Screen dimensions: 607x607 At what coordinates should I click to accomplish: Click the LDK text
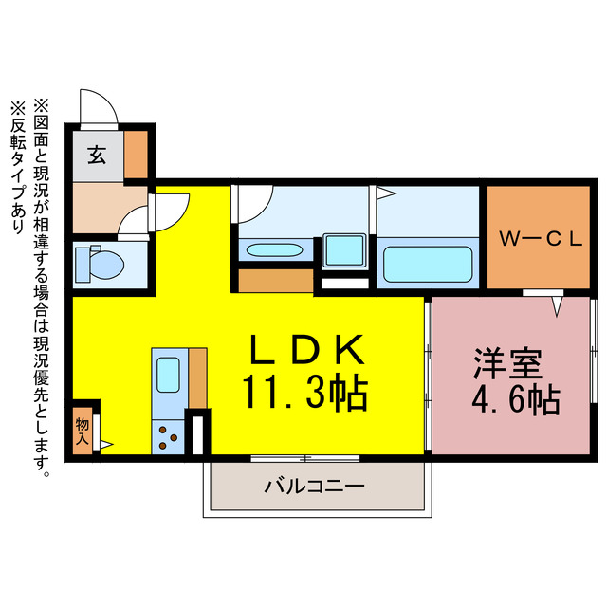coord(306,350)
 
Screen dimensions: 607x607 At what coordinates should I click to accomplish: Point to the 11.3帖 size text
coord(305,393)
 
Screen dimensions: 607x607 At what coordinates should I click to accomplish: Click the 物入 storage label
coord(83,431)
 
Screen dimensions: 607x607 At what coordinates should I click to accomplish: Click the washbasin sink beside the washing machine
coord(273,251)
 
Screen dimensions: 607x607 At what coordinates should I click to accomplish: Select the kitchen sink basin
coord(169,374)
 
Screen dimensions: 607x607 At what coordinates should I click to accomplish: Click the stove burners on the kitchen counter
coord(169,438)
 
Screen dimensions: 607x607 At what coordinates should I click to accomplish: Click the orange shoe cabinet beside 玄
coord(138,155)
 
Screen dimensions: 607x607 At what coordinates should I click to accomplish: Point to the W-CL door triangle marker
coord(557,306)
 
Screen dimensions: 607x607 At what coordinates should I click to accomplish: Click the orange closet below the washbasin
coord(274,281)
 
